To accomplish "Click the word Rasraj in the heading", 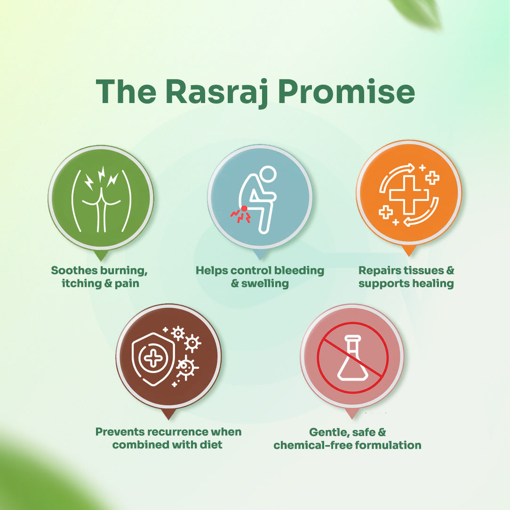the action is tap(216, 92).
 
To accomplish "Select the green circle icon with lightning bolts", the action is tap(101, 198).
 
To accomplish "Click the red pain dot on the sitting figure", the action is tap(244, 208).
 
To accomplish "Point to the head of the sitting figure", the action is tap(267, 174).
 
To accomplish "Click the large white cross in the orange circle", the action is tap(409, 195).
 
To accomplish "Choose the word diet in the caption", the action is tap(211, 445).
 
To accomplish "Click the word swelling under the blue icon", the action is tap(265, 284).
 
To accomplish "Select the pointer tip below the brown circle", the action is tap(168, 419).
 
